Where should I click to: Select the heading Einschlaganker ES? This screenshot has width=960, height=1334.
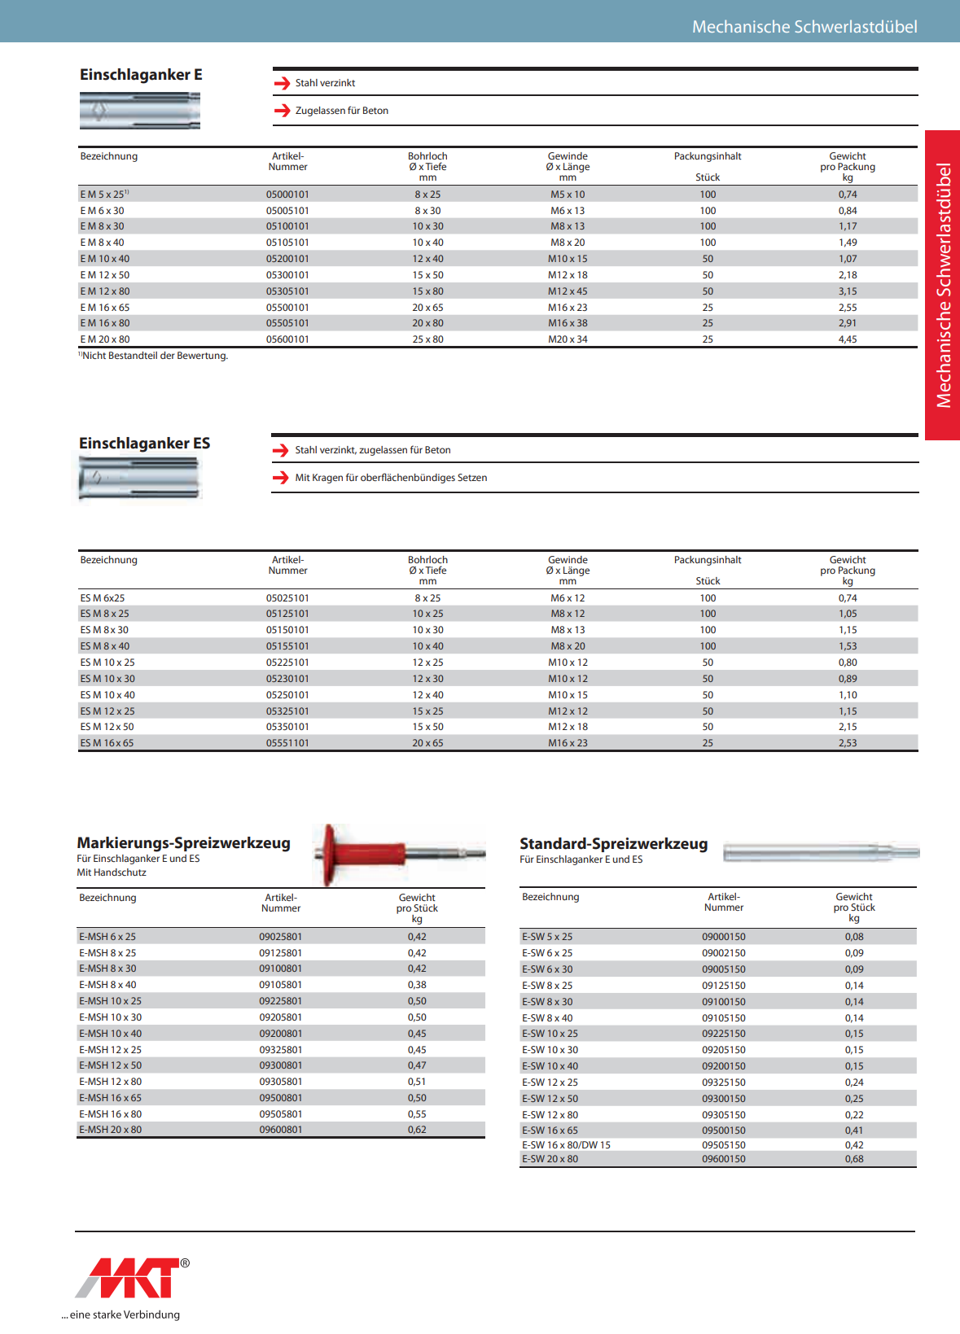click(144, 444)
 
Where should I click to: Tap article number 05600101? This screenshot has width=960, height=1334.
click(287, 339)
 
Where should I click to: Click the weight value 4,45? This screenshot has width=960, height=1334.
click(847, 339)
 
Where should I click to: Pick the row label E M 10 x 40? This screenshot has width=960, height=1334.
click(105, 259)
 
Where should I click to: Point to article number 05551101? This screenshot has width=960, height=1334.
click(287, 743)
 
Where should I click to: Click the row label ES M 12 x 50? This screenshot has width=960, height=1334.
click(107, 727)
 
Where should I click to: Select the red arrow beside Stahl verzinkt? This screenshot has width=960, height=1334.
click(282, 83)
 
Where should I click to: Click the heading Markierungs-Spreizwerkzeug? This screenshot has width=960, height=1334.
click(183, 843)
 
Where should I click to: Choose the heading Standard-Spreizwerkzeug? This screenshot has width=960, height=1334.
click(613, 844)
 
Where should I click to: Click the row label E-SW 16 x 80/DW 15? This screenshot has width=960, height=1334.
click(566, 1145)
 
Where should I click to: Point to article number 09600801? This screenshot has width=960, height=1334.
click(281, 1130)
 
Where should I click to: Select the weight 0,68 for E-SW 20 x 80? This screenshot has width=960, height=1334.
click(853, 1159)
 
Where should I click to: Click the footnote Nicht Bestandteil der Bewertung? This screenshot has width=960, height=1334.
click(155, 356)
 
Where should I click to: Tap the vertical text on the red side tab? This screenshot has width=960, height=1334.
click(943, 285)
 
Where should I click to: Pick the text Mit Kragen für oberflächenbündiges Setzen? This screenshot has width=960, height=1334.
click(391, 478)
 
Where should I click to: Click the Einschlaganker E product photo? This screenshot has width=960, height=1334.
click(140, 110)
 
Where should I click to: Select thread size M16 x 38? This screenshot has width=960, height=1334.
click(568, 323)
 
